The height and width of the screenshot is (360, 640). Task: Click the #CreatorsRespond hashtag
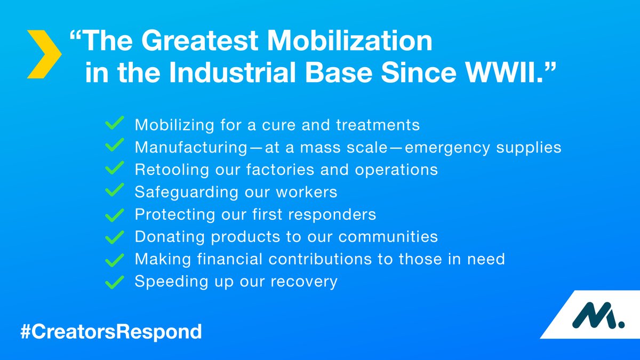click(x=111, y=331)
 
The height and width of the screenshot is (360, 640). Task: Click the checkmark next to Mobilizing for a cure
click(x=115, y=123)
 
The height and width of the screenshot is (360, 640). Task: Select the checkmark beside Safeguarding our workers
click(x=115, y=190)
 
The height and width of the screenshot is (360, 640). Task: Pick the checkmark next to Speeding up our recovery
click(x=115, y=282)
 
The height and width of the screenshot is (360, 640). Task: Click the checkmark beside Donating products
click(x=115, y=237)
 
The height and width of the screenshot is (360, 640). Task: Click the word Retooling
click(x=172, y=170)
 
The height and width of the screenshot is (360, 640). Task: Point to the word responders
click(x=332, y=214)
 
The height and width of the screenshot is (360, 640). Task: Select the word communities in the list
click(x=388, y=237)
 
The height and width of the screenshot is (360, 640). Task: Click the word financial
click(x=230, y=259)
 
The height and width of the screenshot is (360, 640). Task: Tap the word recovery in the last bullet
click(x=304, y=282)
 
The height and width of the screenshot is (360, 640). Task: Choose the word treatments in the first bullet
click(x=378, y=125)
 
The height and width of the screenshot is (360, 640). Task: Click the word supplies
click(x=529, y=148)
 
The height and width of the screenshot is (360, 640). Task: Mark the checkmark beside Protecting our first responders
click(x=115, y=215)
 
